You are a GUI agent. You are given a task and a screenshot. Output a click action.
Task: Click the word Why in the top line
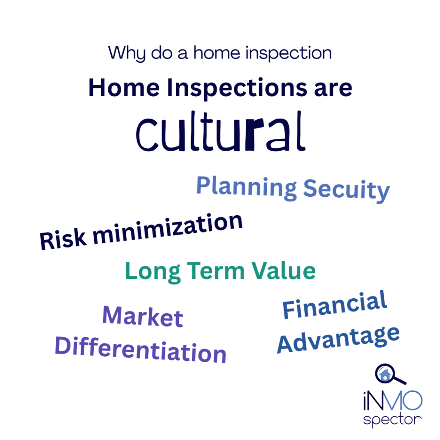(127, 53)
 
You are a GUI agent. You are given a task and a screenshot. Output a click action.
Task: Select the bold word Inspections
(237, 89)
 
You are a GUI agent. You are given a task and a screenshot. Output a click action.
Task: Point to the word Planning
(247, 187)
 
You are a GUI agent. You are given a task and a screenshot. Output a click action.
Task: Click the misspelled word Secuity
(347, 190)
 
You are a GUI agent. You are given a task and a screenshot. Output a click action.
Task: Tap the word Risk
(63, 239)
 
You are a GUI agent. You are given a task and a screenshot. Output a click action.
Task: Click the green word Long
(153, 272)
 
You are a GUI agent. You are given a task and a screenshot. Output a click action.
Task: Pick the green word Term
(216, 271)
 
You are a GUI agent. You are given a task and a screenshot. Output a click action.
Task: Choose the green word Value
(284, 271)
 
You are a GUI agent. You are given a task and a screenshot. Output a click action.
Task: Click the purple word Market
(143, 317)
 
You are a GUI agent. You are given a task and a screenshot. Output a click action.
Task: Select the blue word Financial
(335, 305)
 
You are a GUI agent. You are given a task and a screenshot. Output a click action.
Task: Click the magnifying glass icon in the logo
(390, 375)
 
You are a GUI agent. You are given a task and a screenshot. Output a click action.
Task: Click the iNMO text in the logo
(393, 400)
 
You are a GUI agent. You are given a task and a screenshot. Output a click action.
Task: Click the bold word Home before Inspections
(124, 88)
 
